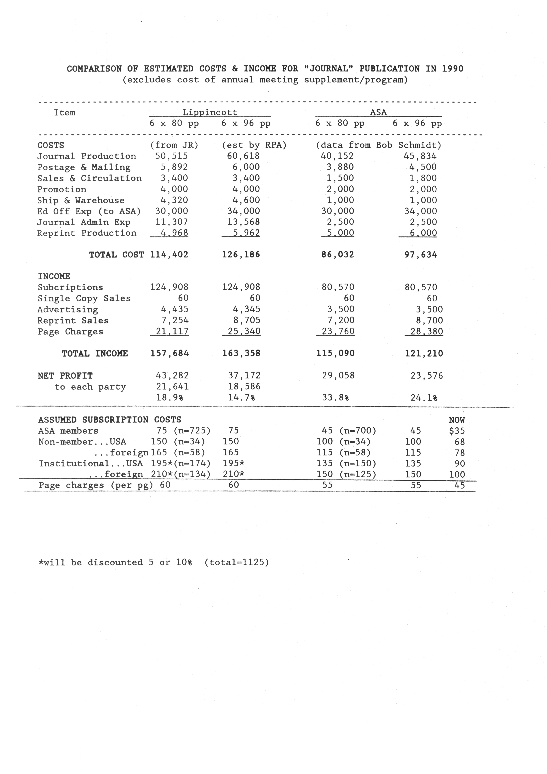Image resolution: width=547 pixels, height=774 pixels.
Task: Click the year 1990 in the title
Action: click(x=453, y=69)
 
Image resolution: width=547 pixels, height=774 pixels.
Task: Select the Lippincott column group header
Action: click(x=210, y=112)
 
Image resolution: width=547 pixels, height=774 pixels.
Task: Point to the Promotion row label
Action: click(x=62, y=189)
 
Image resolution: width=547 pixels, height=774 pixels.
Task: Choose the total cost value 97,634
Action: click(x=421, y=255)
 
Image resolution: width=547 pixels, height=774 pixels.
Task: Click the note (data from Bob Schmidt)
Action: click(x=379, y=145)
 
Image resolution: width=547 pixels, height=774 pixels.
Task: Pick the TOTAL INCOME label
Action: click(x=95, y=353)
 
